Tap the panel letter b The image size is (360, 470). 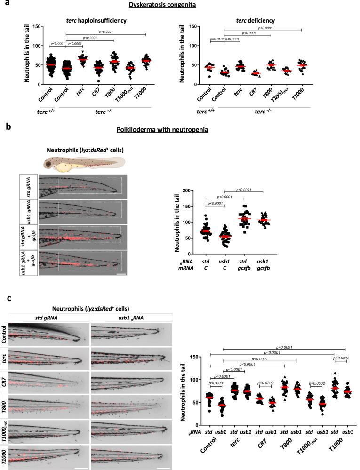coord(4,140)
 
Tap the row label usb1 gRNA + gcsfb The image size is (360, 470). coord(28,258)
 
